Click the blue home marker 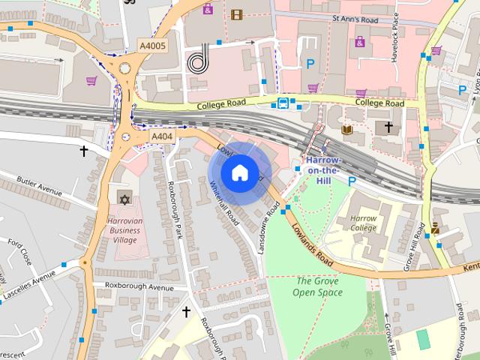239,172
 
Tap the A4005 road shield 152,46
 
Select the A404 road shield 161,136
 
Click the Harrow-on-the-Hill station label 323,170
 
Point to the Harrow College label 364,223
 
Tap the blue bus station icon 283,103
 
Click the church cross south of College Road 388,127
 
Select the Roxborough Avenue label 139,287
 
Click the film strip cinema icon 237,14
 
